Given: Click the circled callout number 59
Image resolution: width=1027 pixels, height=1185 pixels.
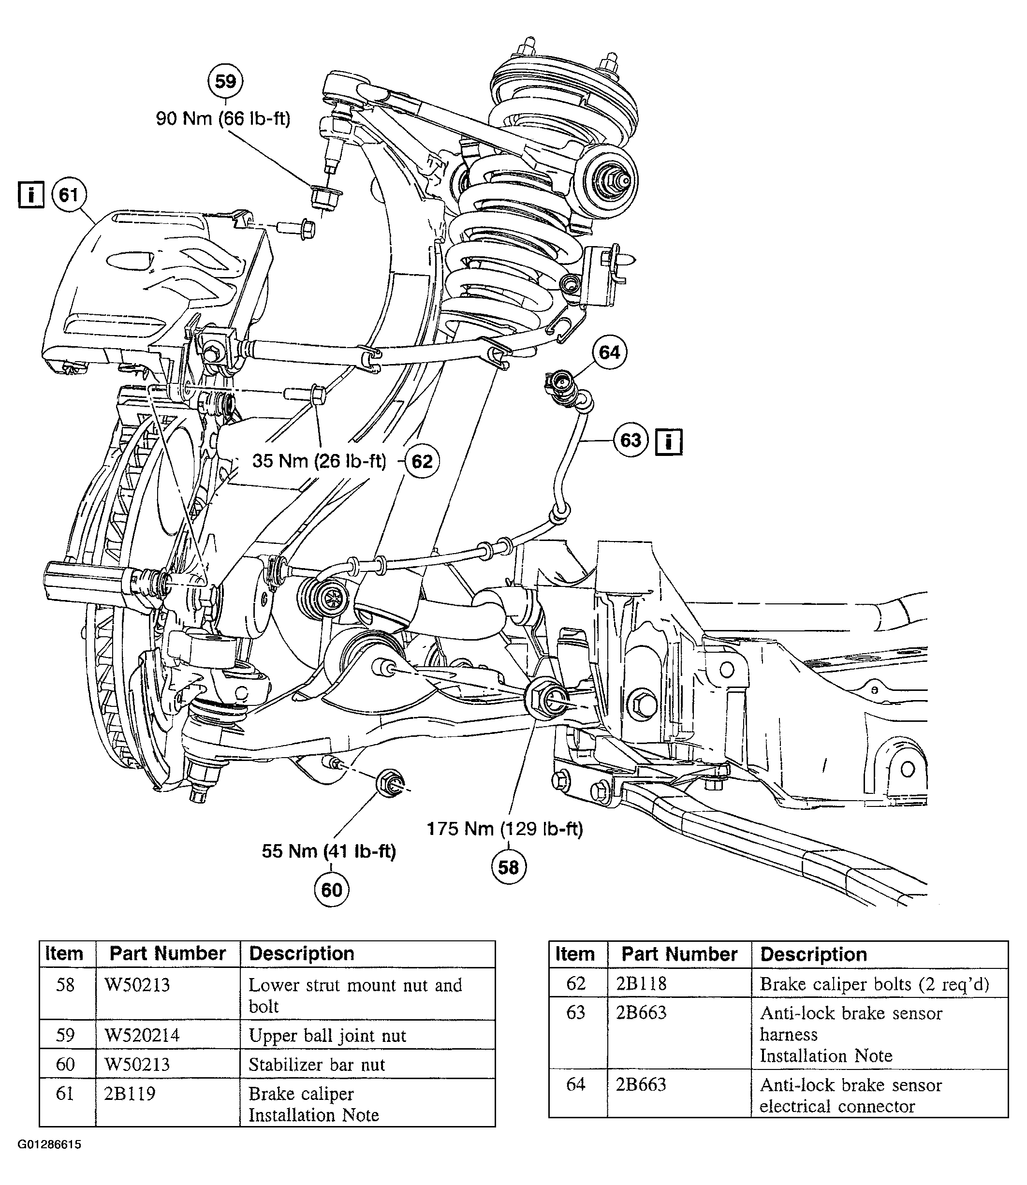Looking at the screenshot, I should (225, 81).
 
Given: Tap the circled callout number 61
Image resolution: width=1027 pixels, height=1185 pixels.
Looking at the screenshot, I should (69, 195).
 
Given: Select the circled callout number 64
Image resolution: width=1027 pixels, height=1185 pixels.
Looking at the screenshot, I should (609, 352).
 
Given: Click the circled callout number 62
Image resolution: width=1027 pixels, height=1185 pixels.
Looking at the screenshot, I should (423, 461).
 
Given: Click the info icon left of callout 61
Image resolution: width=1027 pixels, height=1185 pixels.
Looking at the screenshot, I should (31, 195).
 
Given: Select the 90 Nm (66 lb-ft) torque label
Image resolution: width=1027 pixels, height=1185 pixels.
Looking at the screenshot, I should (223, 118).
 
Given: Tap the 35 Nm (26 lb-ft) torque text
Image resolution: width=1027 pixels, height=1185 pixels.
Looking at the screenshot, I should (319, 461).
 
